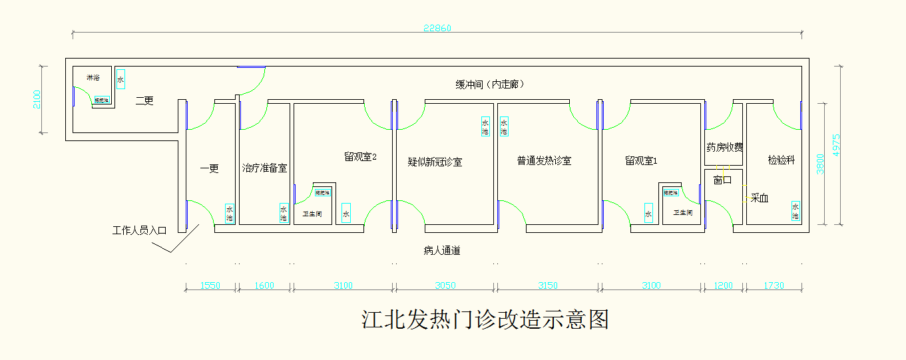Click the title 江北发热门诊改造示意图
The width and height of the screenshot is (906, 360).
[x=485, y=319]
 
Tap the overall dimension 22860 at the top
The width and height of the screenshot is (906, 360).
[x=437, y=28]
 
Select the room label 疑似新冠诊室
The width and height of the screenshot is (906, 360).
[x=435, y=162]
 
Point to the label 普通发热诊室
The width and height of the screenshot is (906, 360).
[x=544, y=161]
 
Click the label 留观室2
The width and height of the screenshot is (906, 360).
[x=361, y=157]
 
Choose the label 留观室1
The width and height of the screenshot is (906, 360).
[x=642, y=161]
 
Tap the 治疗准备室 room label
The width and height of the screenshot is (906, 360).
[x=264, y=168]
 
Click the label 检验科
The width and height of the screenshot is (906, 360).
[x=781, y=160]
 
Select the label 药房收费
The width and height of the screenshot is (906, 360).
[x=724, y=148]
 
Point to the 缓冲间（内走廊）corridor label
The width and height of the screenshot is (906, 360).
[x=489, y=85]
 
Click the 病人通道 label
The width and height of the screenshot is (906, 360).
[x=442, y=251]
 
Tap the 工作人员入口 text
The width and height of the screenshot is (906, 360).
[x=139, y=231]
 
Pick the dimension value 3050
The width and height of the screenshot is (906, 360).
[x=445, y=286]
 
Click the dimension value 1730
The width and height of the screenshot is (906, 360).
[x=774, y=286]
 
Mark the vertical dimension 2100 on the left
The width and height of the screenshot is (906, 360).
[x=37, y=100]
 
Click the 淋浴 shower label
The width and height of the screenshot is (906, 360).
[x=93, y=78]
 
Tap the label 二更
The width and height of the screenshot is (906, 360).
[x=144, y=101]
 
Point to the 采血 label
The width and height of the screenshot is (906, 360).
[x=760, y=198]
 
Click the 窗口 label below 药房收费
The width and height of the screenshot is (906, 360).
[x=723, y=180]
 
